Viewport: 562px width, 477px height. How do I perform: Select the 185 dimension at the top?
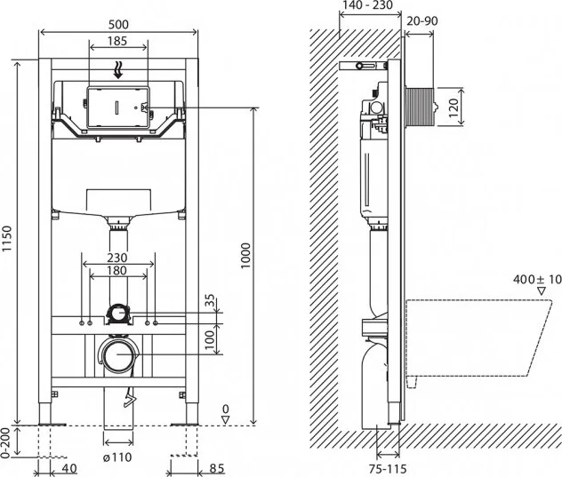point(118,41)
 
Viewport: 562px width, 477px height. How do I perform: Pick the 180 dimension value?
point(118,270)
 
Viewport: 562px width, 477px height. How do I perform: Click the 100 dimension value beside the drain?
point(211,338)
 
